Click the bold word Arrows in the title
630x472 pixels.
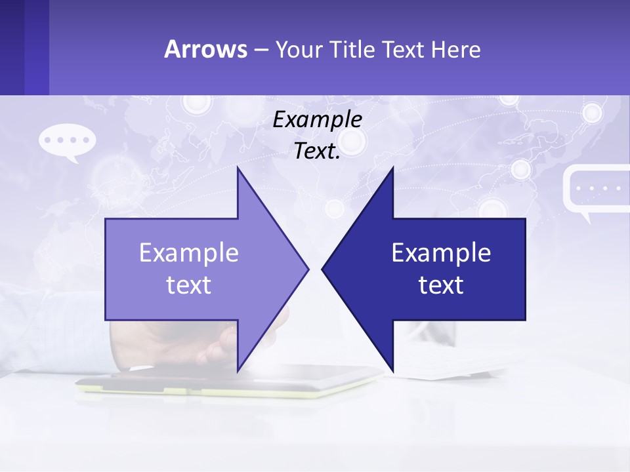point(205,49)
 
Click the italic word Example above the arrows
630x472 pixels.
point(318,119)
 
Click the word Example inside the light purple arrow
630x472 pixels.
point(189,252)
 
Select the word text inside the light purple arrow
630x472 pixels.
point(189,285)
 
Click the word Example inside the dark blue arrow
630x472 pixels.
point(441,252)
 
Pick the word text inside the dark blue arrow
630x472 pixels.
point(441,285)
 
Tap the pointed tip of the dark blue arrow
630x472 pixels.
point(324,269)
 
